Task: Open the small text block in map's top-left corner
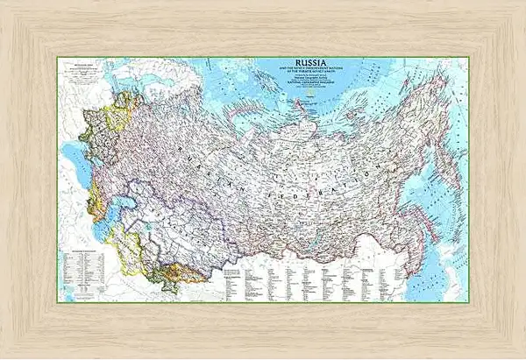[72, 70]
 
